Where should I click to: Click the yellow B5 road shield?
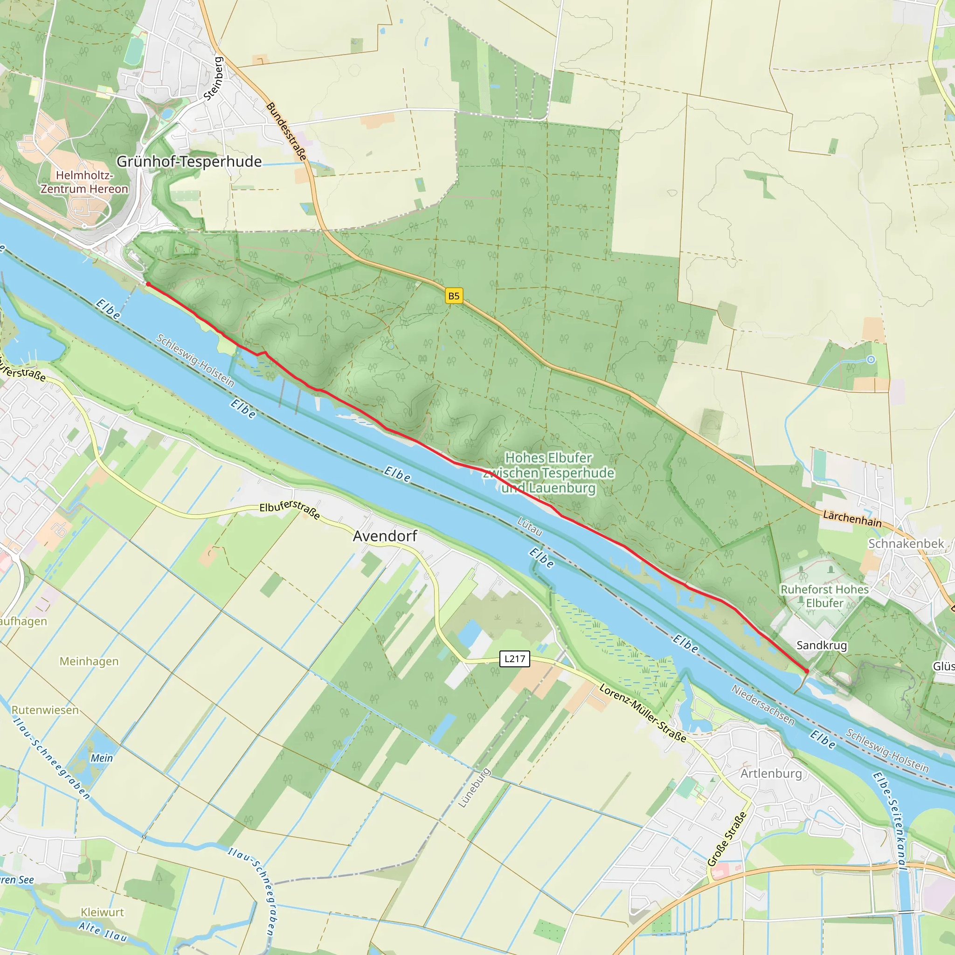(453, 296)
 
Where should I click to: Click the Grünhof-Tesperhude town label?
(189, 162)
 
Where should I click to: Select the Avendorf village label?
(385, 536)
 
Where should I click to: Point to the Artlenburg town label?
(771, 773)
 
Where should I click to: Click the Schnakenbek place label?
(906, 544)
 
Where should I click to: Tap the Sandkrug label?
(822, 645)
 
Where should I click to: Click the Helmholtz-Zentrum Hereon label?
(84, 182)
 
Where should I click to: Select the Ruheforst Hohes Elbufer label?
(824, 596)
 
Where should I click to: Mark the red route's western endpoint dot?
(148, 284)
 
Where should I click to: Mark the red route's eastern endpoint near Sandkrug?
(807, 671)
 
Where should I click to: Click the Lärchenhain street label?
(852, 519)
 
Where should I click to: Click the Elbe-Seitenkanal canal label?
(889, 821)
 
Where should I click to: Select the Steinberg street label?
(214, 79)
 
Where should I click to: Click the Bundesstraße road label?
(287, 131)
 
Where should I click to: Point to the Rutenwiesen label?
(45, 710)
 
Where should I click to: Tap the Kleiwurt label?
(102, 912)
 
